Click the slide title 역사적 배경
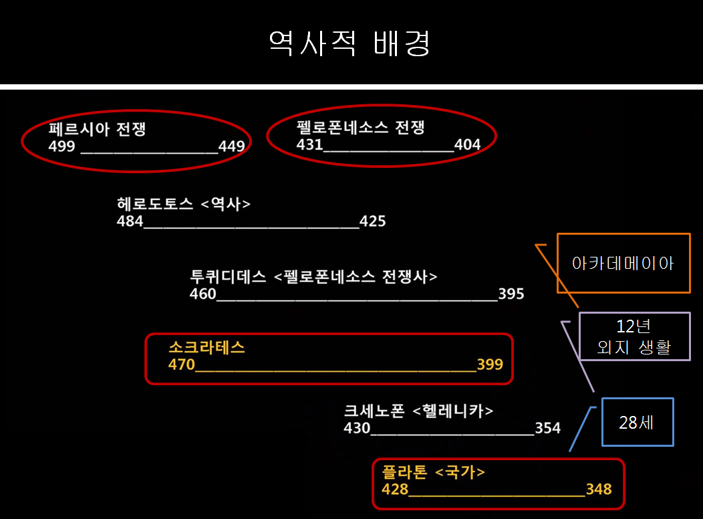click(350, 43)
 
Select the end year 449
click(231, 146)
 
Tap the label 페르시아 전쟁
click(98, 129)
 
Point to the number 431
click(309, 144)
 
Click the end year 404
click(467, 144)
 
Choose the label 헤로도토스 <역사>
click(184, 204)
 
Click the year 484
click(130, 221)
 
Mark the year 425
click(372, 221)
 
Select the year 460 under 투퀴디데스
click(203, 294)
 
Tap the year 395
click(511, 294)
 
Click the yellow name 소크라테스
click(207, 347)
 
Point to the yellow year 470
click(182, 365)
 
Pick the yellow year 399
click(490, 365)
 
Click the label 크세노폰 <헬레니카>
click(419, 411)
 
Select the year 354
click(548, 428)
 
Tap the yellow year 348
click(599, 489)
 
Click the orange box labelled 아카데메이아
click(623, 263)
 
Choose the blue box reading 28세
click(637, 422)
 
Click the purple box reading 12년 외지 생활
click(634, 336)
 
